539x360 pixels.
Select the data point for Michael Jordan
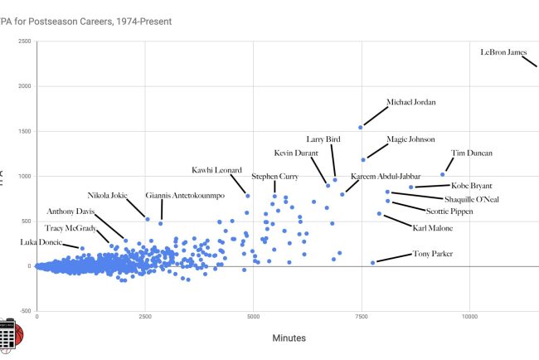click(x=360, y=127)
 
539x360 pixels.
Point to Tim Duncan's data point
click(x=443, y=174)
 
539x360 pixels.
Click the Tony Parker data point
click(x=373, y=262)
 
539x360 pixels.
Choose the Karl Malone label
click(x=432, y=226)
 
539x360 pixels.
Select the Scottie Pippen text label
click(x=449, y=212)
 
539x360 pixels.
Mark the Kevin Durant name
click(x=301, y=153)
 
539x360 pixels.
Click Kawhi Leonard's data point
click(x=247, y=196)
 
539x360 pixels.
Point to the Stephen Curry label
click(x=275, y=177)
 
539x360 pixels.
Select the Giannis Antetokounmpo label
click(x=185, y=197)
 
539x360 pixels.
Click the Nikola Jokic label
click(x=108, y=197)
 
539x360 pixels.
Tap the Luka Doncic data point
click(x=82, y=248)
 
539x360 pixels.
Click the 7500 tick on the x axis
click(x=361, y=316)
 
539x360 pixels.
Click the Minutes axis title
click(x=289, y=338)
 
